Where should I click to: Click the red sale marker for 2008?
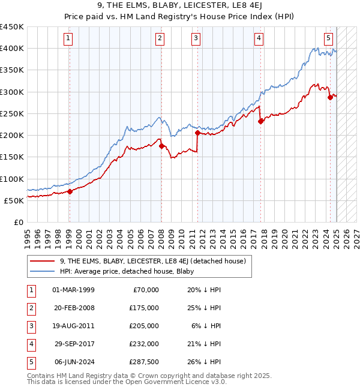click(x=161, y=146)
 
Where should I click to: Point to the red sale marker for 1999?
click(x=70, y=192)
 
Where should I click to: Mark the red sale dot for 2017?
click(x=260, y=121)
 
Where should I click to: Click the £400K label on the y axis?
click(x=11, y=49)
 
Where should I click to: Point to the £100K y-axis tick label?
click(x=11, y=179)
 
